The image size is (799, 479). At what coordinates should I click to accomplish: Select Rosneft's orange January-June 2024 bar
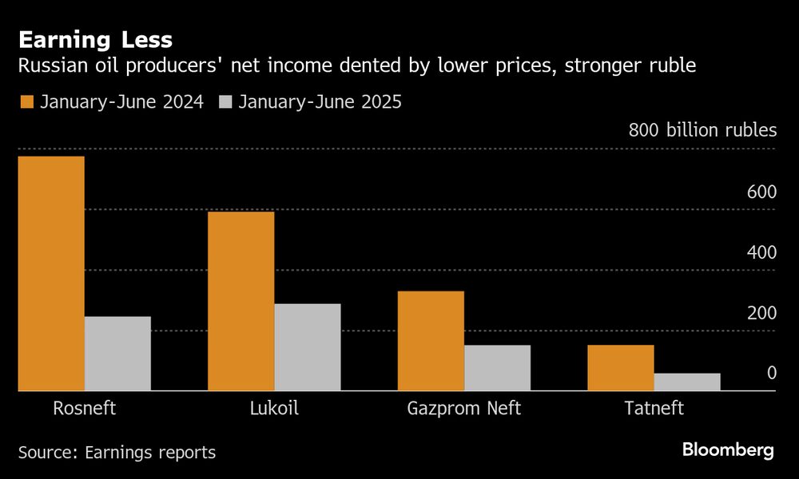click(x=51, y=273)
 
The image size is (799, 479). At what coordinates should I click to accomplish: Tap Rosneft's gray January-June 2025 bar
click(x=117, y=354)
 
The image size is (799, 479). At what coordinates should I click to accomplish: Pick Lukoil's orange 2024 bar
click(x=240, y=301)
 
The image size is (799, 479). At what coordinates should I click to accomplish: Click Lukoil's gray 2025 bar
click(x=308, y=347)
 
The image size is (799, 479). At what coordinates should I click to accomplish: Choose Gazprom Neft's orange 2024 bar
click(x=431, y=341)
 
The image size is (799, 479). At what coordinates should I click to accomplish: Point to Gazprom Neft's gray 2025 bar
click(x=497, y=368)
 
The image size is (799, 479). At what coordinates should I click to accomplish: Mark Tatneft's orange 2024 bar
click(x=621, y=368)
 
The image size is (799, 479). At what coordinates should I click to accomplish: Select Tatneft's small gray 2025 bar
click(x=687, y=382)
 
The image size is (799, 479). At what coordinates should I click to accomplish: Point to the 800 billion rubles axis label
click(x=702, y=130)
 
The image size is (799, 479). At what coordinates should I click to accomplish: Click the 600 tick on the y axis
click(x=761, y=192)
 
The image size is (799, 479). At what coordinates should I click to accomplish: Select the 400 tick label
click(x=761, y=252)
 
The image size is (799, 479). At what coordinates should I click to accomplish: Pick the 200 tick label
click(x=761, y=313)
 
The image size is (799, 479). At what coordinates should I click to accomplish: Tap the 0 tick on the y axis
click(x=771, y=373)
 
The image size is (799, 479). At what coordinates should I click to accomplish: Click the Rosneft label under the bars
click(x=84, y=409)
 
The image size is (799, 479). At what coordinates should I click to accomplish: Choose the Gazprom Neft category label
click(x=463, y=409)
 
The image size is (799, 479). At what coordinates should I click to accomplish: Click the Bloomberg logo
click(x=728, y=450)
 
